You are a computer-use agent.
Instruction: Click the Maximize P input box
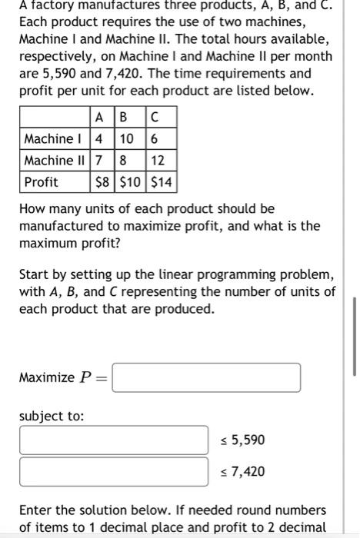206,377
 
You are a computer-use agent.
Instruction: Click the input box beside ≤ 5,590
114,440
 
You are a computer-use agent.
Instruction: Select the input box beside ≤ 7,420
114,471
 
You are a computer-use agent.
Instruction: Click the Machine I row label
55,139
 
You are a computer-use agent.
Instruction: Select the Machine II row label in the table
55,160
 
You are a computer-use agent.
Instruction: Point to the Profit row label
42,181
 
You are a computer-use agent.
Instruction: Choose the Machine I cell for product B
128,139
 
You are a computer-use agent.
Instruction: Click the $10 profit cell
128,181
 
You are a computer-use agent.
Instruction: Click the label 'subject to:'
52,416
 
